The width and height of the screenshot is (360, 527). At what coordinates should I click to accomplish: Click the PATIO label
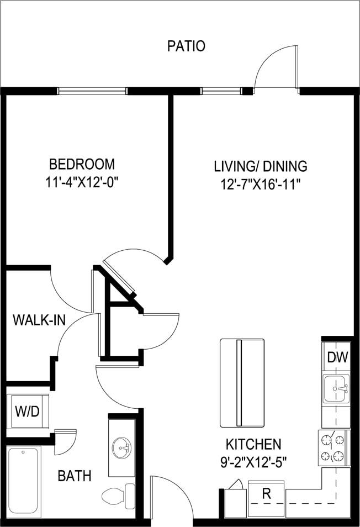coord(186,46)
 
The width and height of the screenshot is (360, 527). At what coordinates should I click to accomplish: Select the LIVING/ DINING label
coord(261,166)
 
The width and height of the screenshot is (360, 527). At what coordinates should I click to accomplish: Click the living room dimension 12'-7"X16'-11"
coord(261,183)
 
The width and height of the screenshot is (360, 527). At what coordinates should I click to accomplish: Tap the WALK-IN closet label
coord(35,320)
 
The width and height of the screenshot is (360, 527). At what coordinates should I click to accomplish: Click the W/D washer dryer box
coord(27,412)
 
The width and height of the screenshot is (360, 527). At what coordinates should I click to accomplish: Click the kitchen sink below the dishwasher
coord(336,389)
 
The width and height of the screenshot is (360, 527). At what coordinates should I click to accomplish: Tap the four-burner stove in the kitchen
coord(333,448)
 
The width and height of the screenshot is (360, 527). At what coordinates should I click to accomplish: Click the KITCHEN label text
coord(253,444)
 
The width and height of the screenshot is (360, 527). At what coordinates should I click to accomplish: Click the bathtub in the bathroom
coord(24,481)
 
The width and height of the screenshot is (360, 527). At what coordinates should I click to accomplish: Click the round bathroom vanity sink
coord(121,447)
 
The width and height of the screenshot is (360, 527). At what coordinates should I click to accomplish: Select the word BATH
coord(75,476)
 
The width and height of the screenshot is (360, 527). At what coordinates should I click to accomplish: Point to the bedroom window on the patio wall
coord(92,91)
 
